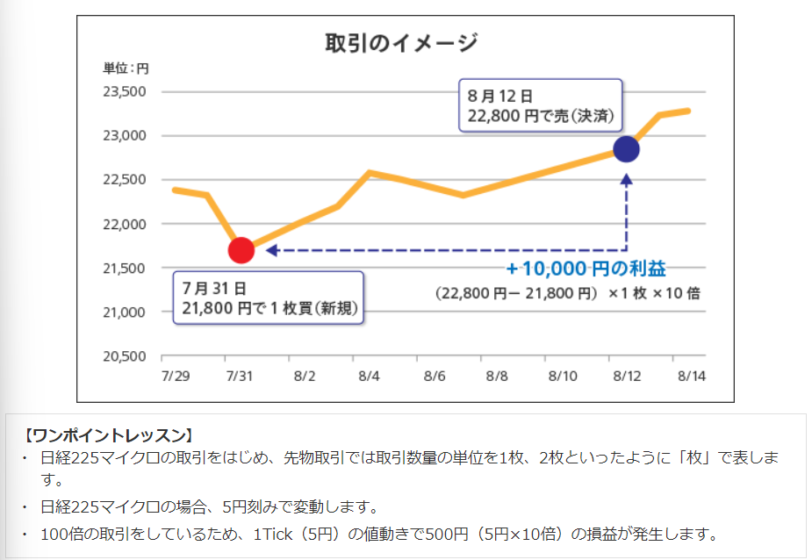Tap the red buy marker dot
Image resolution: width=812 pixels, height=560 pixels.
click(241, 250)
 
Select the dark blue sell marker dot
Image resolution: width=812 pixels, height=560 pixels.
click(626, 149)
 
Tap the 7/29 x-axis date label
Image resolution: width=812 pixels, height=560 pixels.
click(176, 375)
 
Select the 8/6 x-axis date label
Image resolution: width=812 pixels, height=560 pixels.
click(434, 375)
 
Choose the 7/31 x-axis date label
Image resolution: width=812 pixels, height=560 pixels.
click(239, 375)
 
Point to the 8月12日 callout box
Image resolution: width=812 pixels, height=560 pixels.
click(540, 105)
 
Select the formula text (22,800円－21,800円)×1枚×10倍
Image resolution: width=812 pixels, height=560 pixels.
click(567, 293)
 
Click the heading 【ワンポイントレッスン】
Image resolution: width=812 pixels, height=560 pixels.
click(109, 434)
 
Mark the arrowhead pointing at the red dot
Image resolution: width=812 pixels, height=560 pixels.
click(271, 250)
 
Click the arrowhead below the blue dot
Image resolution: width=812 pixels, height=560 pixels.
click(626, 179)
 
